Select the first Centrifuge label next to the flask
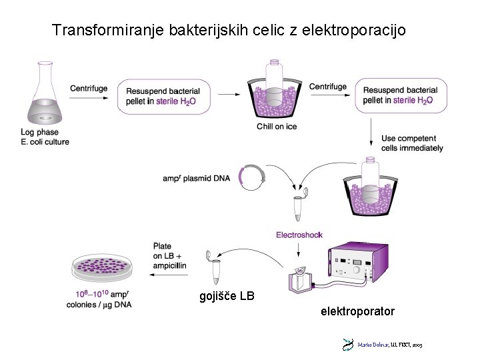[89, 89]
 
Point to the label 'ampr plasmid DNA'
[196, 179]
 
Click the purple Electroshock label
[299, 235]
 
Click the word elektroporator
[357, 311]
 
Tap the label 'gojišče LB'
[227, 296]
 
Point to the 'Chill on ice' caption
[277, 127]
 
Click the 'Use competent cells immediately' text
[411, 143]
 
